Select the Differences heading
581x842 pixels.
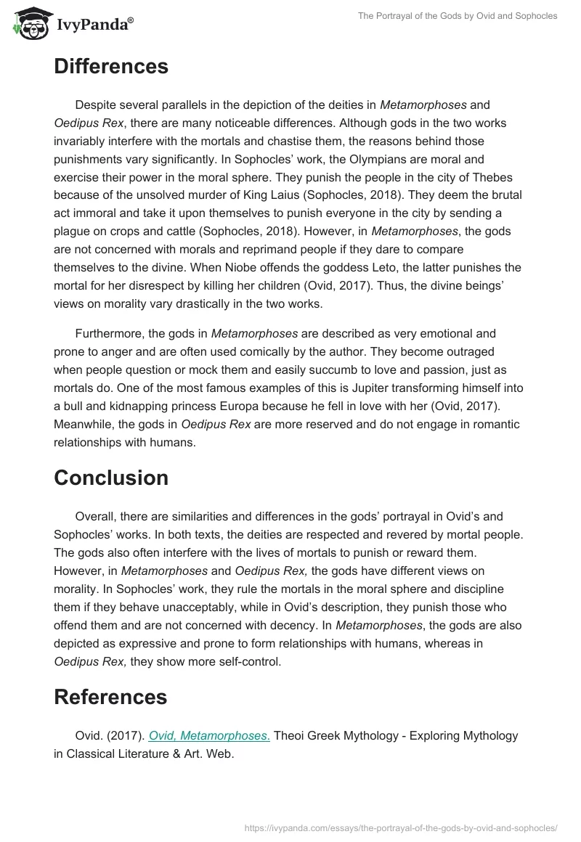111,67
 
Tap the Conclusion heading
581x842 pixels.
111,478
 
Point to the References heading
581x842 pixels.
110,697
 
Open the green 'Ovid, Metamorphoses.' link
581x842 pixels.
210,735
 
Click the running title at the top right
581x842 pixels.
458,16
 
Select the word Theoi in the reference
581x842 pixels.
292,735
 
